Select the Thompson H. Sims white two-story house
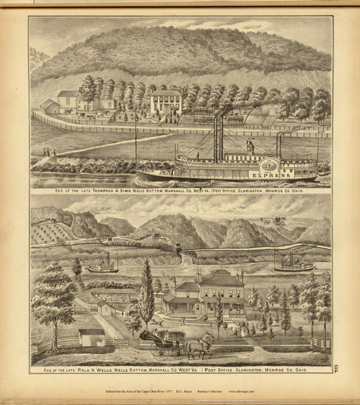tap(165, 103)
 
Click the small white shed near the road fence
tap(91, 336)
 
